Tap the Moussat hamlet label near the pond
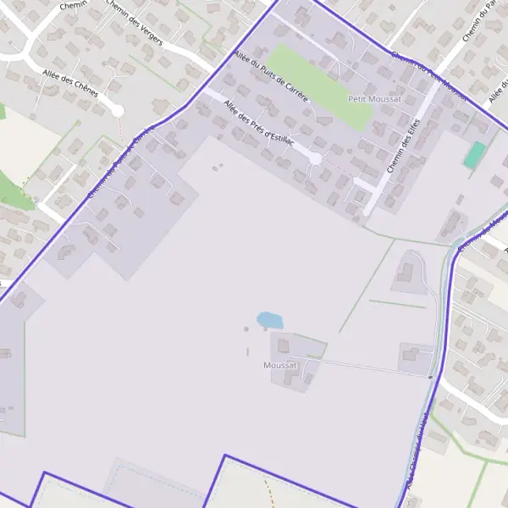(x=280, y=366)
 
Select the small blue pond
(x=270, y=320)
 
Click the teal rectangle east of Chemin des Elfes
(x=475, y=155)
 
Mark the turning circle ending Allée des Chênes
(x=118, y=111)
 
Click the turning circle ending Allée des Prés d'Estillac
(x=315, y=158)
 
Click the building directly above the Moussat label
(x=284, y=345)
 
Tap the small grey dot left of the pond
(x=247, y=329)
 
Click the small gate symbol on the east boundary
(x=431, y=377)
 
